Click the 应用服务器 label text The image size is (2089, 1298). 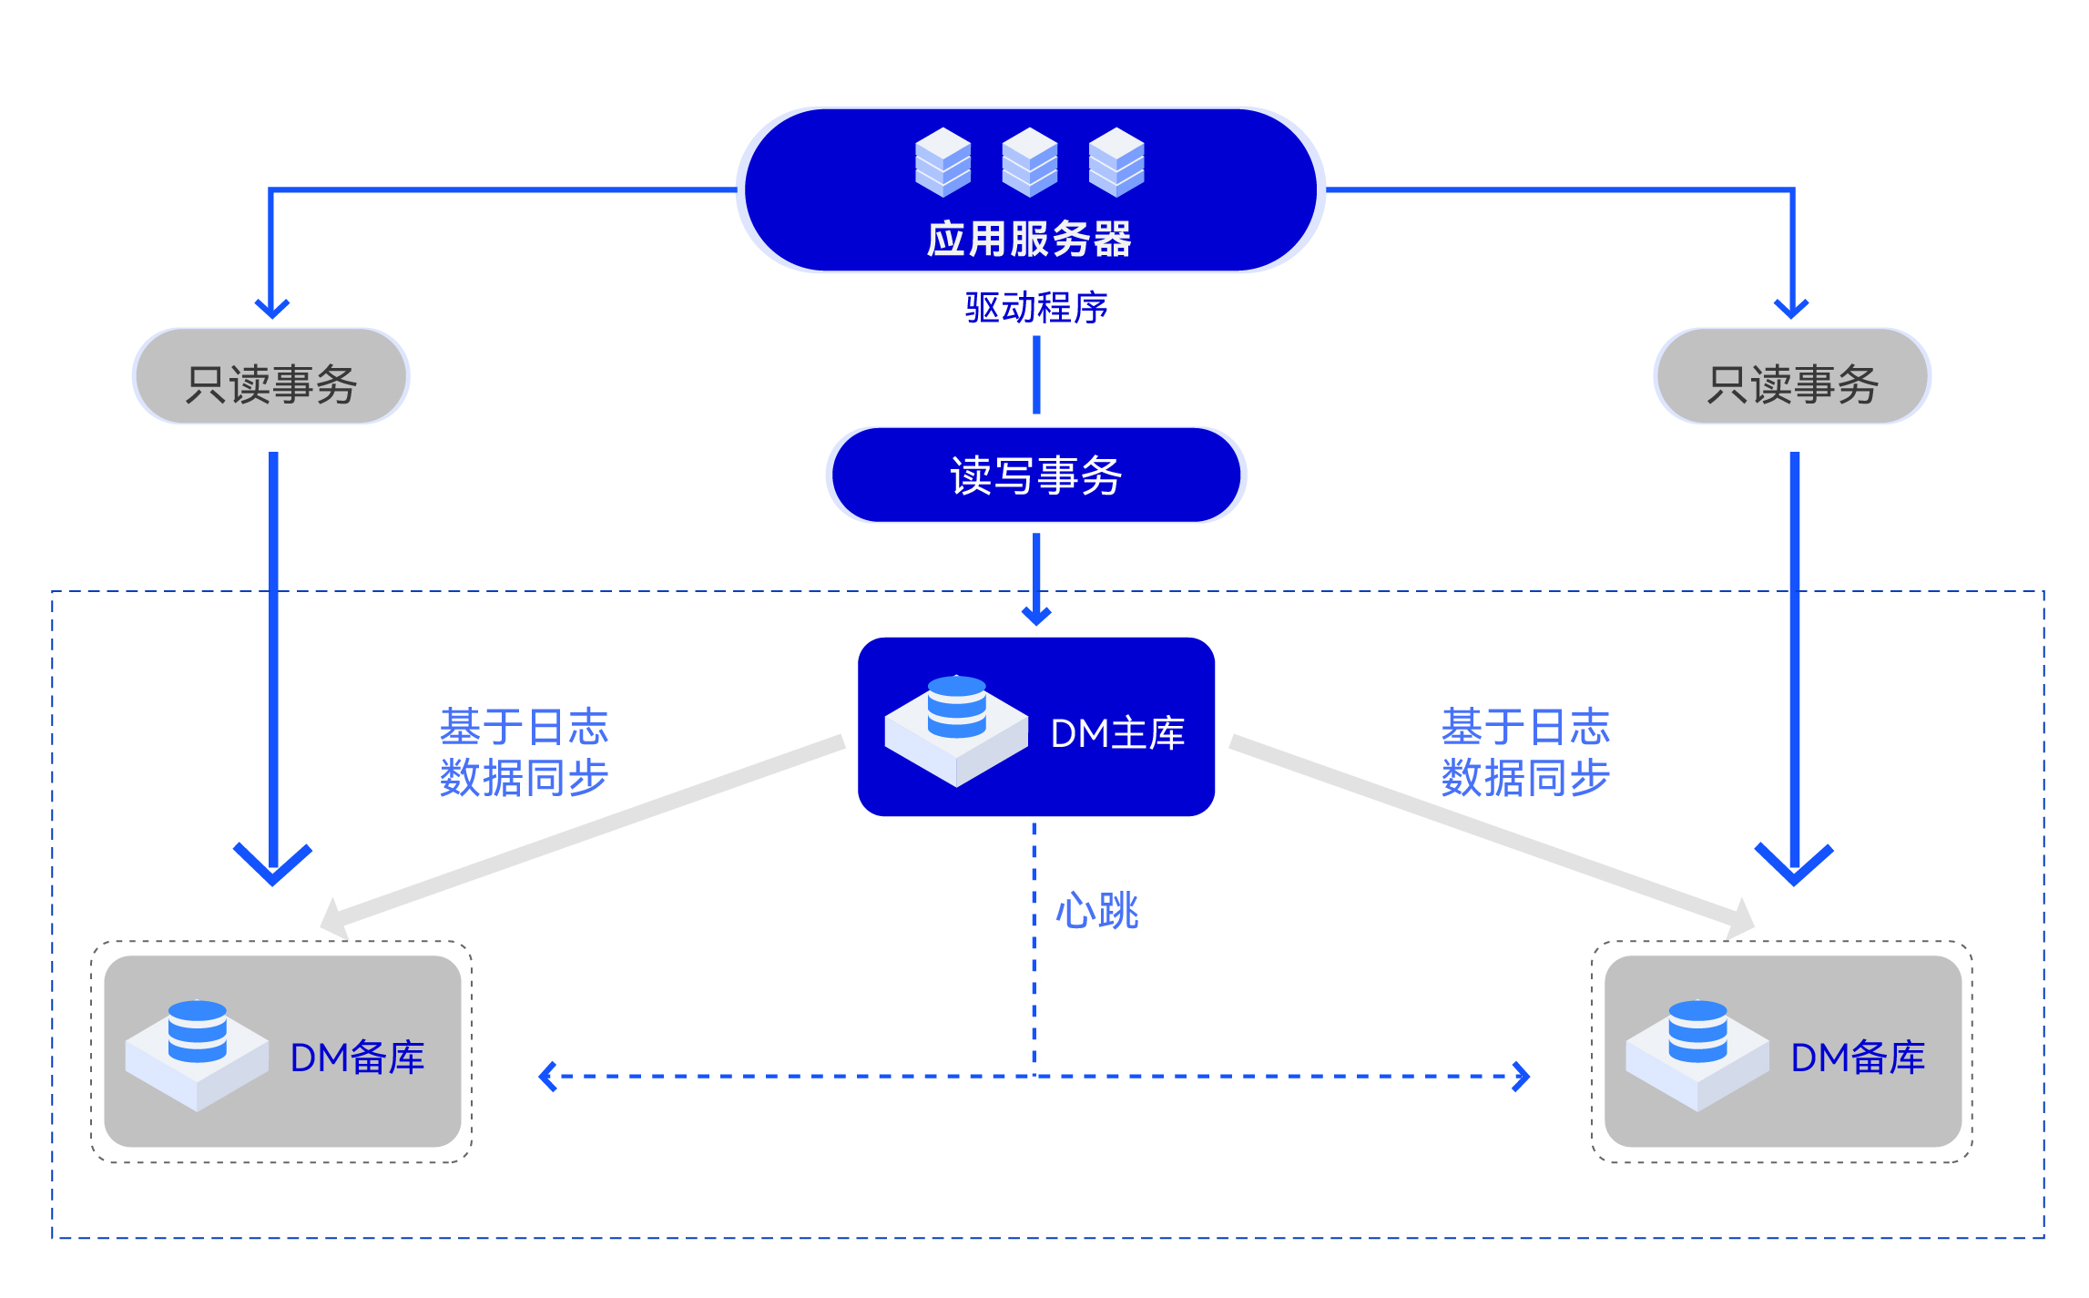click(1029, 240)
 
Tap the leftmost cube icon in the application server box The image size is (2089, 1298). click(943, 162)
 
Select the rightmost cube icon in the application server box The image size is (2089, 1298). click(1116, 162)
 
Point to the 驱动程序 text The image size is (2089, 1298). click(1036, 308)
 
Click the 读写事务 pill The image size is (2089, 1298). click(1036, 475)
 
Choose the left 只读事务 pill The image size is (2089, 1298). click(271, 377)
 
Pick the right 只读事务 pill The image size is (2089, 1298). click(1792, 377)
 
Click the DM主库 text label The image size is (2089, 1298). click(1117, 733)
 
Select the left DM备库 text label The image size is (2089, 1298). click(357, 1058)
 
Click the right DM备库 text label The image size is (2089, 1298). click(1858, 1058)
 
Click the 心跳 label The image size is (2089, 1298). click(1096, 911)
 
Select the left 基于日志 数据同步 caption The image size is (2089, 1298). click(524, 752)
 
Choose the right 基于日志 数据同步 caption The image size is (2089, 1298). click(1525, 752)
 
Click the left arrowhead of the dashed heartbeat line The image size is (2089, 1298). click(546, 1076)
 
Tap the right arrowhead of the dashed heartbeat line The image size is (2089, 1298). click(1522, 1076)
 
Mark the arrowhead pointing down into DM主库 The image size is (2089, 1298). click(1036, 616)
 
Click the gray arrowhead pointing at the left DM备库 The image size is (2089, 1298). click(333, 918)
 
